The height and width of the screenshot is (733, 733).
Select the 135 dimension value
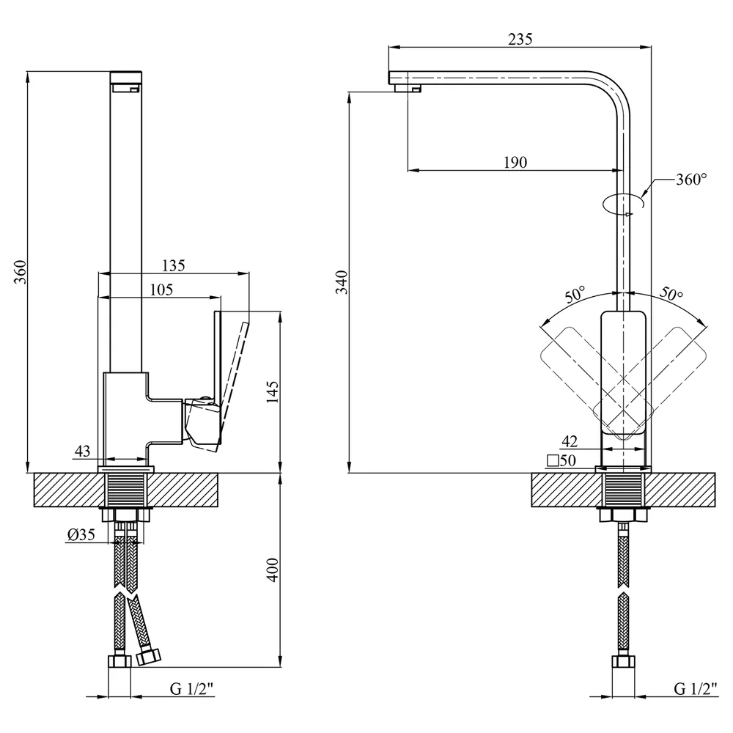point(174,265)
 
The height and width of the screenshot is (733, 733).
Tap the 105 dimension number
point(161,290)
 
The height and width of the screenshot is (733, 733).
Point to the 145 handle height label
point(272,391)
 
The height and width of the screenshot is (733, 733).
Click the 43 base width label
point(82,451)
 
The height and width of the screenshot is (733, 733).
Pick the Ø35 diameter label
point(81,534)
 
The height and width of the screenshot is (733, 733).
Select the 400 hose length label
point(272,570)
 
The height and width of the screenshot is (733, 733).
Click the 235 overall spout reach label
point(520,39)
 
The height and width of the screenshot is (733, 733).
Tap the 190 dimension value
point(515,162)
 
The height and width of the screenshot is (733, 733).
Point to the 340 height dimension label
point(342,282)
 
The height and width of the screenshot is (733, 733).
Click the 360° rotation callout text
point(691,179)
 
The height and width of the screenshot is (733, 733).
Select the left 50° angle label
point(575,295)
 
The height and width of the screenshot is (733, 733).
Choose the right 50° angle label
point(671,294)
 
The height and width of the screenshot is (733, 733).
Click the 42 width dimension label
point(570,441)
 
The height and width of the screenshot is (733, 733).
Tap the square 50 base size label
point(561,460)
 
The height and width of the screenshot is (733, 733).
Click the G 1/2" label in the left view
point(191,688)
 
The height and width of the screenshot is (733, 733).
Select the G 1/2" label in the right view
point(696,688)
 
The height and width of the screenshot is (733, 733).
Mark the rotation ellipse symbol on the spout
point(624,205)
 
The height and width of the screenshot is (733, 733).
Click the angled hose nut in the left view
point(149,656)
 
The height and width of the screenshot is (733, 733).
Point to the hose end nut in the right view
point(624,662)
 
